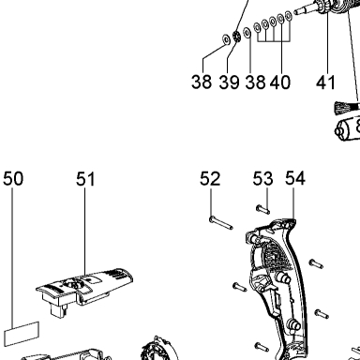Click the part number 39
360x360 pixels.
point(229,82)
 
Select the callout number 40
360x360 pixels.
point(280,82)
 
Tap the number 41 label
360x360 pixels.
point(325,82)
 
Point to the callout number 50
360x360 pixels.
point(13,179)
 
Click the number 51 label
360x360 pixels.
point(85,179)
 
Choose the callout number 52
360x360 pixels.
point(210,179)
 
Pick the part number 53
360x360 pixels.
point(262,179)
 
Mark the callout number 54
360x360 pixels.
point(295,178)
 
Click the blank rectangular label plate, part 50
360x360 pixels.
point(22,334)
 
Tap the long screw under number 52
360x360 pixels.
point(221,223)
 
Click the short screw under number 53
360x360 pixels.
point(262,209)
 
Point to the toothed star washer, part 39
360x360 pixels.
point(236,37)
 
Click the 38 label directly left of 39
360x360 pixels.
point(202,82)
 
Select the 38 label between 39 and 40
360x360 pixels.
point(255,82)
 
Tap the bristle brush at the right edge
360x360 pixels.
point(347,108)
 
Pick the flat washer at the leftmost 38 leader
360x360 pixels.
point(226,39)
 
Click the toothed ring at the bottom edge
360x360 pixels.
point(158,349)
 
